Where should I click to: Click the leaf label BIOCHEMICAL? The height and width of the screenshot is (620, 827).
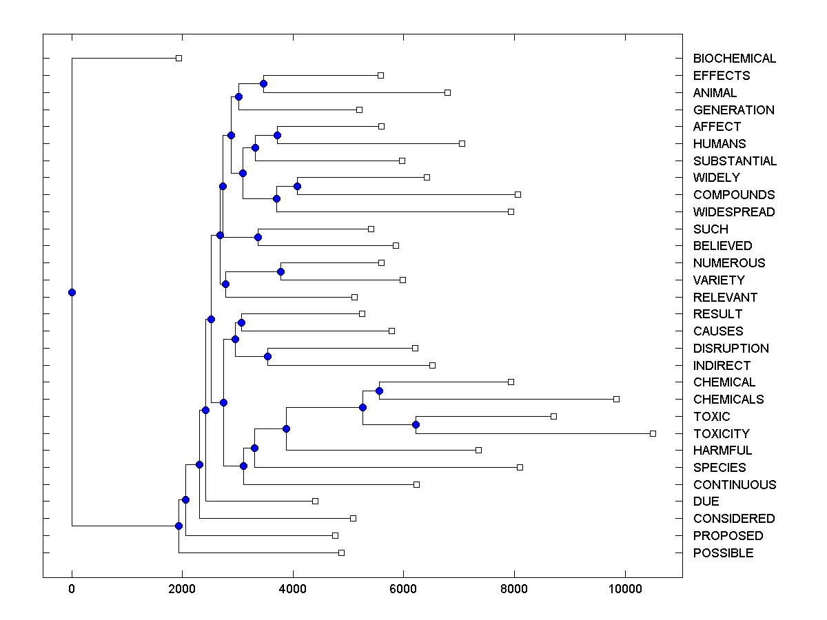(734, 59)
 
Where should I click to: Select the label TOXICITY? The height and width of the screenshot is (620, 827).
(721, 434)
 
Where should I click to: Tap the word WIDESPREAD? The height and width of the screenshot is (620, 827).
(733, 212)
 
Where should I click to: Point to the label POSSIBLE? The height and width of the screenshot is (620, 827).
(723, 553)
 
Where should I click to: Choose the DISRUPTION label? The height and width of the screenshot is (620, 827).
(731, 349)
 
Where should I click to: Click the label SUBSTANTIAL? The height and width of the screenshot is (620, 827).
(735, 161)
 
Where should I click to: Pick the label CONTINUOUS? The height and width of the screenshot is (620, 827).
(734, 485)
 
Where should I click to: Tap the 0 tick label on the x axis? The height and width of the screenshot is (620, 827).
(72, 588)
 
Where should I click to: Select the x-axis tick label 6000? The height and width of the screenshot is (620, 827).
(403, 588)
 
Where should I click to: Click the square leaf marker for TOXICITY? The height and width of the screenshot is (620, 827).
(653, 433)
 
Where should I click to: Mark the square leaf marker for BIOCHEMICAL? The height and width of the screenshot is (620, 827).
(178, 58)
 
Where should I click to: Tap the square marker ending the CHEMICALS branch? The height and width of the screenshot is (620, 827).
(616, 399)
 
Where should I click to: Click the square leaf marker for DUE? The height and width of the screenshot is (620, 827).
(315, 501)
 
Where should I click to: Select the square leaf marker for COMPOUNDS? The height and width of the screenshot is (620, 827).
(518, 194)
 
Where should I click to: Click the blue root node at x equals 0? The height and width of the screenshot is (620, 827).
(72, 292)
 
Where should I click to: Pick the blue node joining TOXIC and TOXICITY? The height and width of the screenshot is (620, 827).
(416, 424)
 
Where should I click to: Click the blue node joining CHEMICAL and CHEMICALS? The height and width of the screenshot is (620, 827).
(379, 391)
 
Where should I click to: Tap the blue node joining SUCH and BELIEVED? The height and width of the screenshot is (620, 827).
(258, 237)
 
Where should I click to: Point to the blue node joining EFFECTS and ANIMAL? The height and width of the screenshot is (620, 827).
(263, 83)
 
